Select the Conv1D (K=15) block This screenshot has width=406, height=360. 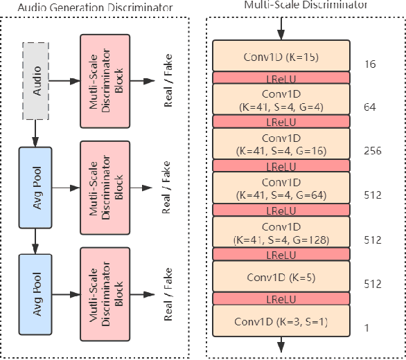click(x=281, y=56)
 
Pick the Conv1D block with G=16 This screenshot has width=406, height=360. click(x=281, y=144)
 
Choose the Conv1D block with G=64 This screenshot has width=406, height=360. click(x=281, y=188)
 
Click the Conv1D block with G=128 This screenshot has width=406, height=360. click(x=281, y=233)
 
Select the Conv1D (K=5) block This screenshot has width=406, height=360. click(x=281, y=277)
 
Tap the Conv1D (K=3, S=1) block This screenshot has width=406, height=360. click(x=281, y=321)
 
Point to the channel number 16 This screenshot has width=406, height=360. click(x=369, y=64)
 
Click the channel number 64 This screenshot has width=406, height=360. click(x=369, y=108)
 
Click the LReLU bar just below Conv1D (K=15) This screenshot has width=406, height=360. click(x=281, y=78)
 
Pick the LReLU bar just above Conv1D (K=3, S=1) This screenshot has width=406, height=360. click(x=281, y=298)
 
